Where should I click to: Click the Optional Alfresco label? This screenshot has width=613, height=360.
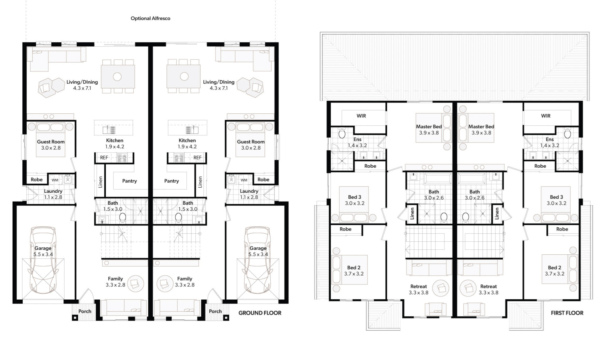[150, 19]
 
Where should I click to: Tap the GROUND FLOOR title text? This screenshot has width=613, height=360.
[260, 313]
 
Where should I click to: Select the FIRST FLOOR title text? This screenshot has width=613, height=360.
[567, 313]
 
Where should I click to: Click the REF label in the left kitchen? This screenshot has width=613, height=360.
[104, 158]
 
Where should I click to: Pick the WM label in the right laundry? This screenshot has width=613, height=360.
[244, 180]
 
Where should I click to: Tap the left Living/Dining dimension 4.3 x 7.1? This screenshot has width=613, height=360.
[82, 88]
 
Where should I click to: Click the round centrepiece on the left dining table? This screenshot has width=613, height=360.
[117, 77]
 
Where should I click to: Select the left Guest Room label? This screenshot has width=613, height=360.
[51, 142]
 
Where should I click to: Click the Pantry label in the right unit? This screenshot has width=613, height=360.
[171, 181]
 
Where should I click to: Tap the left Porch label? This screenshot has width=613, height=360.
[85, 311]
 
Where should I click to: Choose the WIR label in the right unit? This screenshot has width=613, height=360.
[546, 116]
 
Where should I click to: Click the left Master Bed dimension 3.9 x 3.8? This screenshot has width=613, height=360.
[429, 133]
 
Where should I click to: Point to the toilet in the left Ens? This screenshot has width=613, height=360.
[342, 134]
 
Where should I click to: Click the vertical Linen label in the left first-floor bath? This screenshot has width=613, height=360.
[412, 213]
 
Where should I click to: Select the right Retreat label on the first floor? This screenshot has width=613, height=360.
[488, 286]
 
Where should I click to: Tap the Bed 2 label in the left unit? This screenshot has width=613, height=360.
[354, 268]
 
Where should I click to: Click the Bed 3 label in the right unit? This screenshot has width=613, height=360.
[556, 197]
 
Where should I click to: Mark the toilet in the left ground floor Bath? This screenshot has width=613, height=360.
[123, 217]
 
